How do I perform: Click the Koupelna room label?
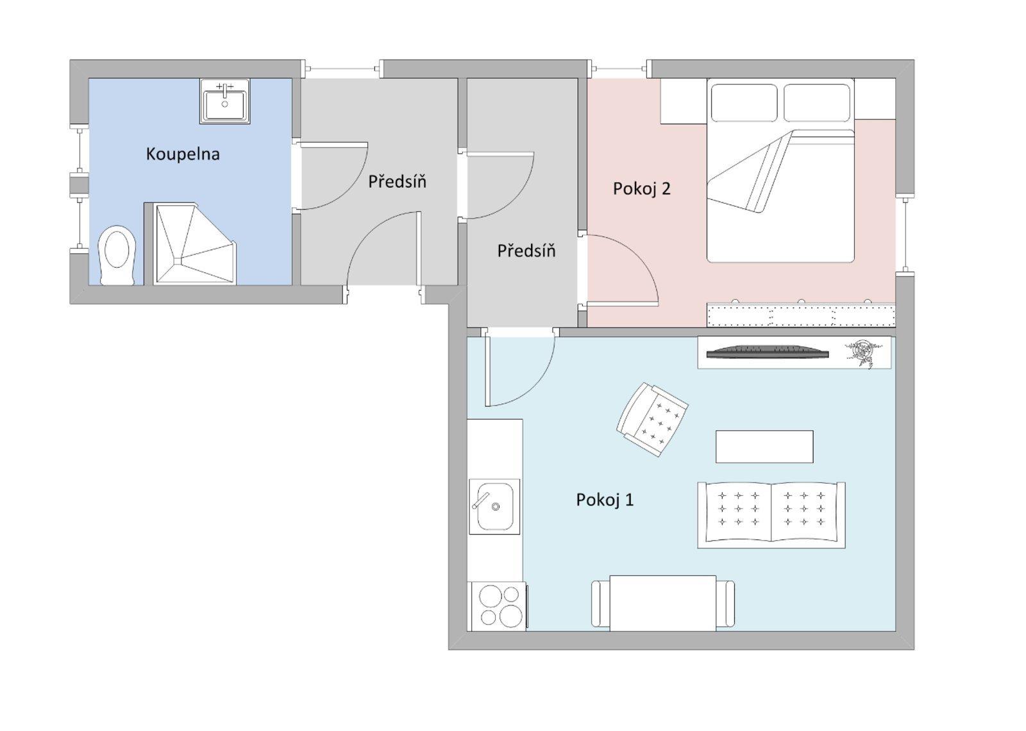coord(183,154)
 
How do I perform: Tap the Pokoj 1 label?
coord(605,500)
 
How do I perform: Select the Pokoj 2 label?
coord(641,189)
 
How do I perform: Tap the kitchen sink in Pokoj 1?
coord(494,506)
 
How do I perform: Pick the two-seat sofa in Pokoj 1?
coord(771,515)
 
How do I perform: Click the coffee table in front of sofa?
coord(764,447)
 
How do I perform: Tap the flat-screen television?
coord(766,352)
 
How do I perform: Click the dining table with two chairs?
coord(662,603)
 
